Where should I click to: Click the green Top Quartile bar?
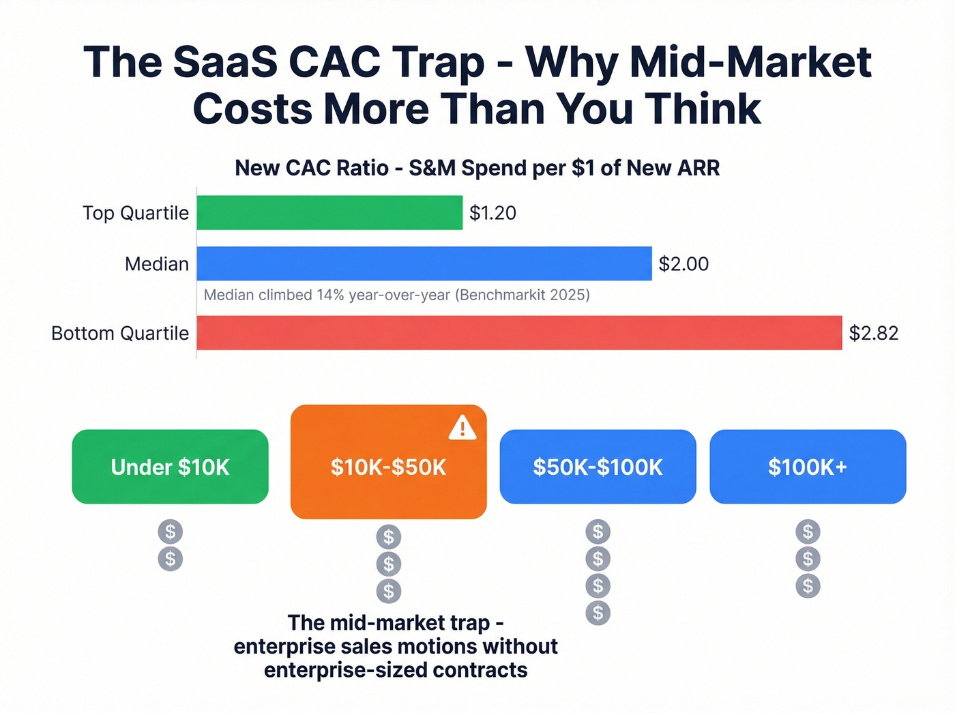(x=329, y=213)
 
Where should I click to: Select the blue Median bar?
(x=424, y=264)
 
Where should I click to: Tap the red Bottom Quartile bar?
(x=519, y=333)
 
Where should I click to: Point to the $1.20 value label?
(x=493, y=213)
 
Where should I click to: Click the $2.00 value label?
(x=684, y=264)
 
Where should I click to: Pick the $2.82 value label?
(x=873, y=333)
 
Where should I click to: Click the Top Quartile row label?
(x=136, y=213)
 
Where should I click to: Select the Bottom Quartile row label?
(x=120, y=333)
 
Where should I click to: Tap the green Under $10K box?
(x=170, y=467)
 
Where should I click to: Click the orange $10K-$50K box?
(x=388, y=467)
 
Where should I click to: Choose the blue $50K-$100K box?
(x=598, y=467)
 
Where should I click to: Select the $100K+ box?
(x=808, y=467)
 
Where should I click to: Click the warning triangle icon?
(x=462, y=428)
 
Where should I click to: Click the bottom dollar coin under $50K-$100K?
(x=598, y=613)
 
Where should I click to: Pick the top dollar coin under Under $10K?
(x=170, y=531)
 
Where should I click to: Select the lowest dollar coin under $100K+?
(x=808, y=585)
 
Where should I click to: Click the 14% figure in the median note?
(x=330, y=295)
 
